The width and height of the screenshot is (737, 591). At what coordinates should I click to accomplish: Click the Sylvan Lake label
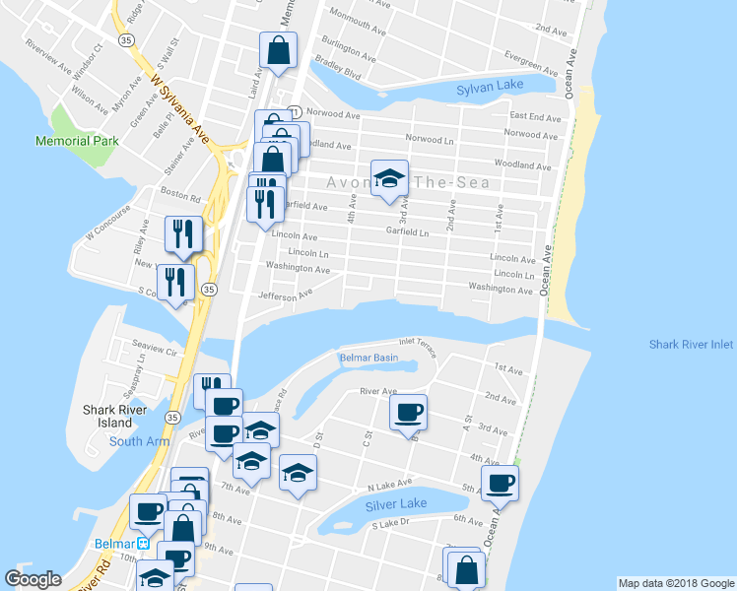[490, 89]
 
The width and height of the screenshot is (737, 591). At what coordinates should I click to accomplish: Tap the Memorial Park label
[77, 141]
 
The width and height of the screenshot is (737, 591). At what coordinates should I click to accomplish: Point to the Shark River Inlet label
[691, 345]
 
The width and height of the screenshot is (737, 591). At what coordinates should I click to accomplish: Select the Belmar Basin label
[368, 358]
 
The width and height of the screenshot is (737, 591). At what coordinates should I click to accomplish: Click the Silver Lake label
[396, 503]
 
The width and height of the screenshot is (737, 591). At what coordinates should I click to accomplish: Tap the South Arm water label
[138, 441]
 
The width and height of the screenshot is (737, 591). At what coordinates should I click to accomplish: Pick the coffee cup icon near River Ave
[408, 414]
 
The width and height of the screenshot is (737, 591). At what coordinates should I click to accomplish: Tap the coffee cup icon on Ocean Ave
[500, 484]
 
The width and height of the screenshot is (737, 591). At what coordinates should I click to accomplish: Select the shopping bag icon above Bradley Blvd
[279, 51]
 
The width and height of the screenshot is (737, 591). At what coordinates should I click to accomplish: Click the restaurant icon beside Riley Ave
[183, 234]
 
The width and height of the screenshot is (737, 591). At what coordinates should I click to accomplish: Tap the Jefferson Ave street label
[285, 294]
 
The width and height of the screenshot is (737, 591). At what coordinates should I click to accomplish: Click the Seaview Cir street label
[156, 352]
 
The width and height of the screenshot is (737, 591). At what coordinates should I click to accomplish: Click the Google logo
[33, 579]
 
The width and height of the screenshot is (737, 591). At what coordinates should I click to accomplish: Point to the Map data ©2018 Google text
[675, 583]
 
